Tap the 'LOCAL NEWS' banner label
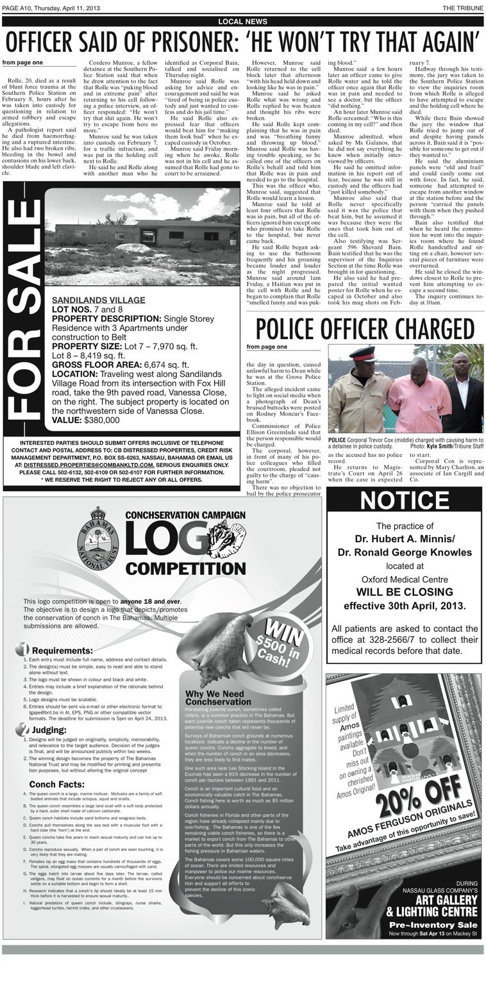click(243, 22)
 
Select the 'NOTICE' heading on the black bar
click(405, 501)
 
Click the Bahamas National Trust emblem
click(98, 538)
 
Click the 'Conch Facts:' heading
click(56, 784)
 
